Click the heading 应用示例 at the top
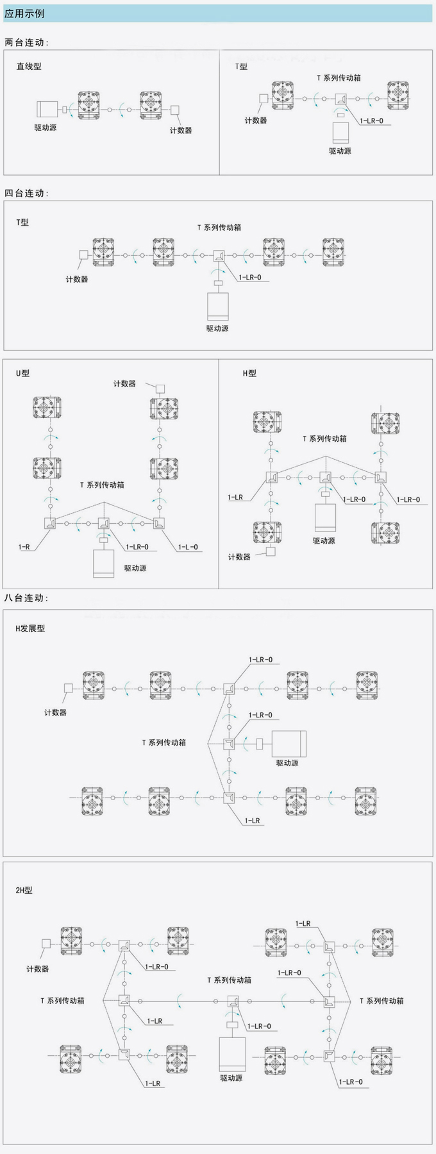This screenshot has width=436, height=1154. [24, 13]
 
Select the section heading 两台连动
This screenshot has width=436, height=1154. [26, 42]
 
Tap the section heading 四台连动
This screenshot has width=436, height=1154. [26, 193]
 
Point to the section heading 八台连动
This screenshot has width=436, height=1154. [26, 598]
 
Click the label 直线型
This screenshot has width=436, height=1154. [29, 66]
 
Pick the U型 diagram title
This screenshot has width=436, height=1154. [23, 373]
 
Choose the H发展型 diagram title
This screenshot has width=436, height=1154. [30, 629]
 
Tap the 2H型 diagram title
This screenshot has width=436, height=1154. [24, 891]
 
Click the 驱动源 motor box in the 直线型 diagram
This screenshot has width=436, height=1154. [47, 109]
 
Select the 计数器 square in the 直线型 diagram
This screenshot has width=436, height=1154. [176, 110]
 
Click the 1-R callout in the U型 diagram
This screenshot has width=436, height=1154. [24, 547]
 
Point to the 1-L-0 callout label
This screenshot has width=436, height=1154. [187, 547]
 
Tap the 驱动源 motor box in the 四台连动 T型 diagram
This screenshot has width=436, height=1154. [217, 306]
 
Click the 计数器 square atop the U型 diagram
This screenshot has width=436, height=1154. [160, 389]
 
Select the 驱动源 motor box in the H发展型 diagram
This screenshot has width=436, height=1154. [289, 744]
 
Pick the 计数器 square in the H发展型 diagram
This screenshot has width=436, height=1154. [68, 688]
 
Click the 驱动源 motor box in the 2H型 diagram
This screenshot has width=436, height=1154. [231, 1054]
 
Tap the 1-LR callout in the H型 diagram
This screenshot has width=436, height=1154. [235, 498]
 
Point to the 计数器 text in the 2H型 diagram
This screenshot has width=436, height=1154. [38, 969]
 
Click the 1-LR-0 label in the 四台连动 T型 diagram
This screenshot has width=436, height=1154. [250, 278]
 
